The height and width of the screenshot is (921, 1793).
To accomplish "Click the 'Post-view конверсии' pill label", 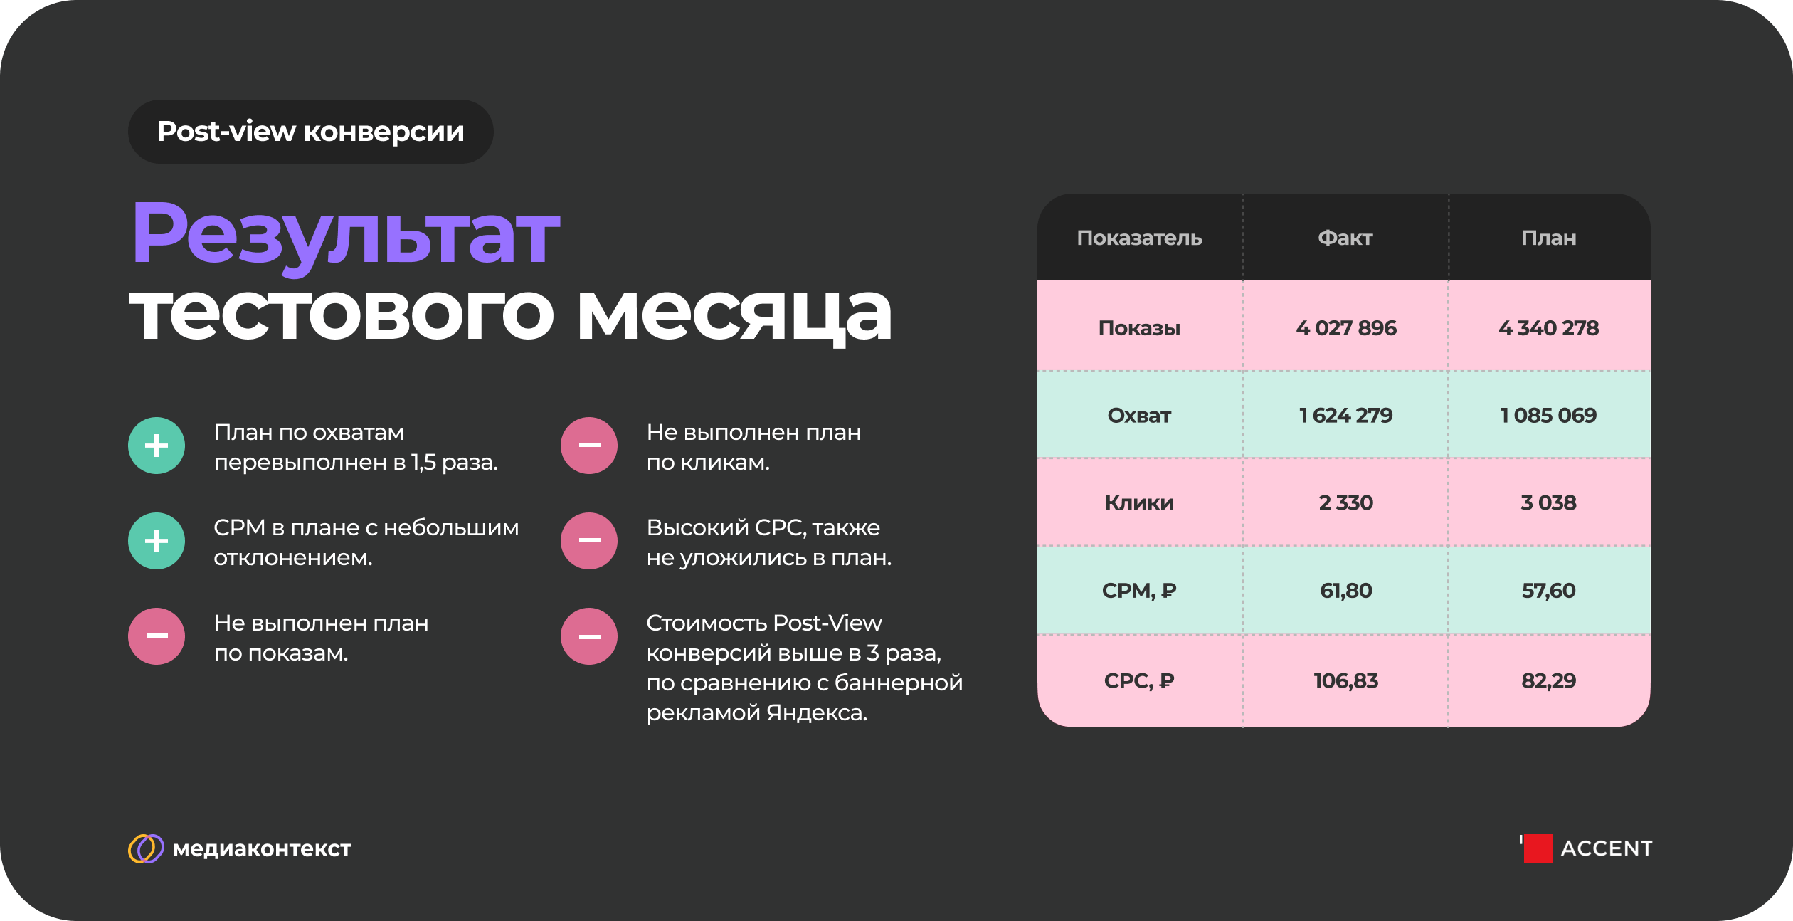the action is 310,132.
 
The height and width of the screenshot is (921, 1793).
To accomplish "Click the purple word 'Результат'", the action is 346,236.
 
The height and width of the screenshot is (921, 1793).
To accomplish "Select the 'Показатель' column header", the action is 1139,238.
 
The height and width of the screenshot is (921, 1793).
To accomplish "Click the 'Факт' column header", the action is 1345,238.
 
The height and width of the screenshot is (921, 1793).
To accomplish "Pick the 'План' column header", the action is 1548,238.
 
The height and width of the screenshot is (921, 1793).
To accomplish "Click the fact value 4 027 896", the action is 1345,327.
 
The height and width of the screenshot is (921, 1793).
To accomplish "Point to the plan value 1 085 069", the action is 1548,415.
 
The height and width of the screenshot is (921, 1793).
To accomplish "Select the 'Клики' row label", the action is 1139,502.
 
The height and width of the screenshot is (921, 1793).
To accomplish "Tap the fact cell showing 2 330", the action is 1345,502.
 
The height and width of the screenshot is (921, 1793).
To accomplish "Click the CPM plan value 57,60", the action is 1548,591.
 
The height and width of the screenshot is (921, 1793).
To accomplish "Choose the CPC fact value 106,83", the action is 1345,681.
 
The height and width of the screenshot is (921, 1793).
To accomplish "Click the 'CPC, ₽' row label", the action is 1139,681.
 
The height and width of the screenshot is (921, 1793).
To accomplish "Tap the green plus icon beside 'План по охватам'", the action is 157,446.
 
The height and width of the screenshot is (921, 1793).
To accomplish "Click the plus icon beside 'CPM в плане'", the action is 157,541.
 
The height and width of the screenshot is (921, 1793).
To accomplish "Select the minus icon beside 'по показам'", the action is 157,636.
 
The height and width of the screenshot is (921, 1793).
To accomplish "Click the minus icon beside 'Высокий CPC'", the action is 589,541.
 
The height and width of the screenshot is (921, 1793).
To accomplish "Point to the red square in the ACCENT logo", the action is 1538,848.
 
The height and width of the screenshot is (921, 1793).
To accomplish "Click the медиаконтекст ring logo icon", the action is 146,848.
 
